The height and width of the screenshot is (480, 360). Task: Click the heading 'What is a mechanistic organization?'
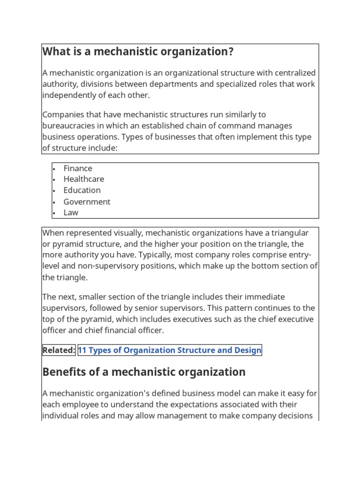click(138, 52)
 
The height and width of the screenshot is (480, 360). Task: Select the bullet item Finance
click(78, 168)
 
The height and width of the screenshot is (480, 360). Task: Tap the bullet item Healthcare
click(84, 179)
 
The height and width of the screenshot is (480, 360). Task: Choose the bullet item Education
click(82, 190)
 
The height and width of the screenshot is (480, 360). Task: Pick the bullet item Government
click(87, 202)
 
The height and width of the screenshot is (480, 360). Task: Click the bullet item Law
click(71, 212)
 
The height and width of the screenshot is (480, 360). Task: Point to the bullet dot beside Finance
click(54, 169)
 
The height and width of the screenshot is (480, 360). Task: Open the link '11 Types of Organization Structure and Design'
click(170, 350)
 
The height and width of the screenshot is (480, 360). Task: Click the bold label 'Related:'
click(59, 350)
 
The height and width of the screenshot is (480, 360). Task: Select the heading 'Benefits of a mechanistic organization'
click(144, 372)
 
